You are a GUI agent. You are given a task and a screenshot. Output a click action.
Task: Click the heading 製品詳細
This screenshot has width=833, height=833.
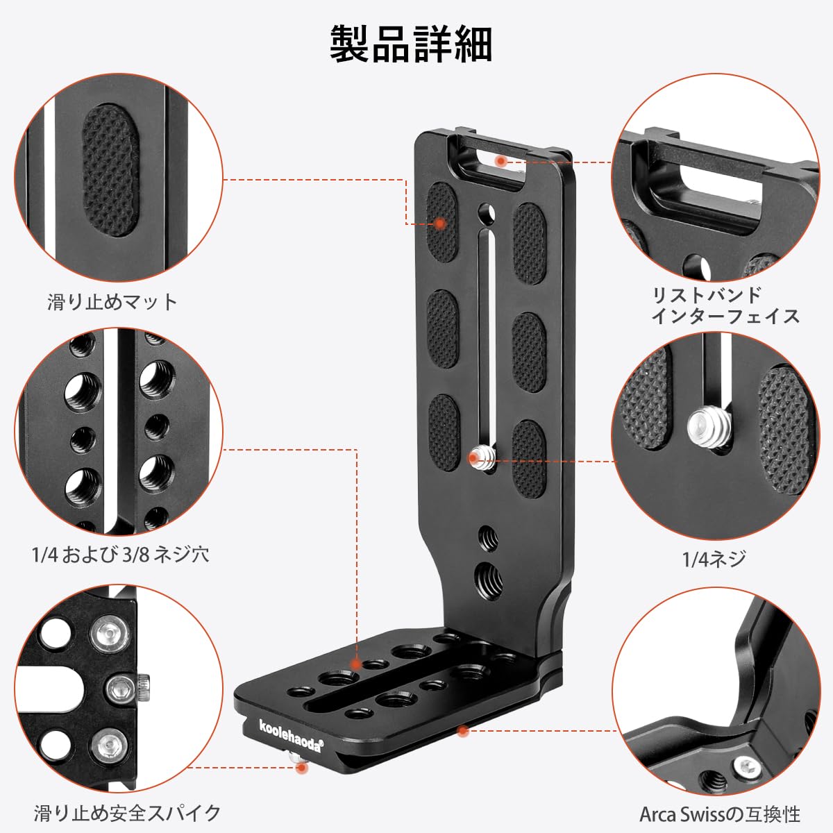coord(411,44)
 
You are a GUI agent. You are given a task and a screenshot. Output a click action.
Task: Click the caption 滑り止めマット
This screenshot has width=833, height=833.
coord(112,302)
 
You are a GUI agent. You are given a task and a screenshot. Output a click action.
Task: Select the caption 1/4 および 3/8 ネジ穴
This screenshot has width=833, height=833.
coord(121,554)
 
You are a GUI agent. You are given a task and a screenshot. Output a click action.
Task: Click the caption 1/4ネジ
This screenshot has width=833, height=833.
coord(714,559)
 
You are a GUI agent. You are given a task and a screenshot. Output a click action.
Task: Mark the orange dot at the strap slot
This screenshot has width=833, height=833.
coord(501,161)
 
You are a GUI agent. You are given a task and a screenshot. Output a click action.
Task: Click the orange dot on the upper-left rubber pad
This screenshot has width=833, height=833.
coord(439,224)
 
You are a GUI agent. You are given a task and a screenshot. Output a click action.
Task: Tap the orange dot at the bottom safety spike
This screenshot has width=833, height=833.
coord(302,768)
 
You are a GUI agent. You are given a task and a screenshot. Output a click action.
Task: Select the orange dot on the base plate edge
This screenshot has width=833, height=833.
coord(463,731)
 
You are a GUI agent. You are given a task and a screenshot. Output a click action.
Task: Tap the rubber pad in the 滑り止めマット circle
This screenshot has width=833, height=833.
coord(110,170)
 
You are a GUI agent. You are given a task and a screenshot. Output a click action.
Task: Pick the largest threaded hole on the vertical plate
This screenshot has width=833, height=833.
coord(489,577)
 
